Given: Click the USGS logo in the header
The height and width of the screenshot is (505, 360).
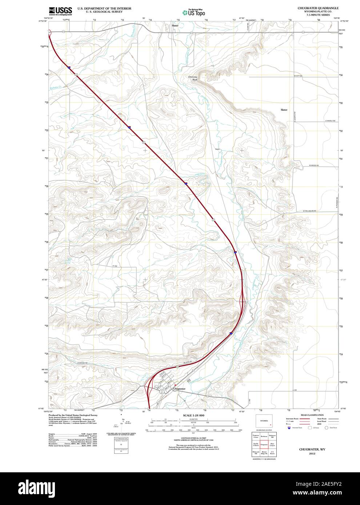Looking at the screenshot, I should [60, 11].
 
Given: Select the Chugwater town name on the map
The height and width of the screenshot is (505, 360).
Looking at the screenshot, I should [179, 389].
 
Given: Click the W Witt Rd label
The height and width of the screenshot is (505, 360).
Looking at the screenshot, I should [299, 76].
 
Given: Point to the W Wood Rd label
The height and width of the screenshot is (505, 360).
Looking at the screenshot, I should [314, 165].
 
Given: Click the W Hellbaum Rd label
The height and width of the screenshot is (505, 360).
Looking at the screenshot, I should [309, 211].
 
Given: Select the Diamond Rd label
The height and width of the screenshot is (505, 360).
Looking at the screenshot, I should [83, 363].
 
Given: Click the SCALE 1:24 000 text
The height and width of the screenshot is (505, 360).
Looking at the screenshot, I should [193, 415].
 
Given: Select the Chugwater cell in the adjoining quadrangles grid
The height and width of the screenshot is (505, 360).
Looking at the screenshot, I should [264, 444].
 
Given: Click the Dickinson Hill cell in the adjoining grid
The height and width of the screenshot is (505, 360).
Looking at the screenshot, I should [272, 436].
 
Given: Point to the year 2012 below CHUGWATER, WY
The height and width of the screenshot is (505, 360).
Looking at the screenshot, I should [312, 454].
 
